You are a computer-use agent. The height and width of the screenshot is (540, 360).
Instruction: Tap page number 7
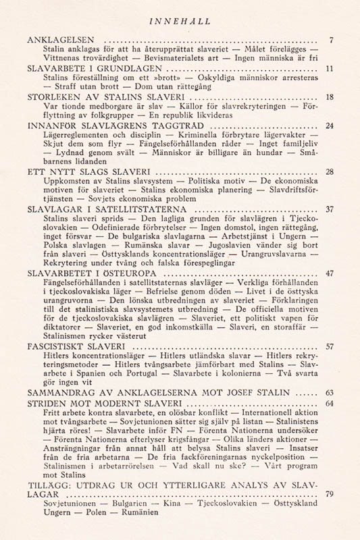click(330, 40)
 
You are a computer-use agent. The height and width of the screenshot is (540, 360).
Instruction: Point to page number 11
click(329, 68)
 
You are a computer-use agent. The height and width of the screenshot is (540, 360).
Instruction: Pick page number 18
click(329, 97)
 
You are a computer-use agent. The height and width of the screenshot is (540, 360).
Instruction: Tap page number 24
click(329, 126)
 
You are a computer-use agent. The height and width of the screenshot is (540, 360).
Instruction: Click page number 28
click(329, 172)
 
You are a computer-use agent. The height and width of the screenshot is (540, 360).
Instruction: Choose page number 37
click(329, 209)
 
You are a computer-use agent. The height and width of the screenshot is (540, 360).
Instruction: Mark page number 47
click(329, 274)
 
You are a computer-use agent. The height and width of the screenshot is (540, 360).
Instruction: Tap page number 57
click(329, 347)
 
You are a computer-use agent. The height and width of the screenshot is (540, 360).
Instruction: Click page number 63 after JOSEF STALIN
click(329, 393)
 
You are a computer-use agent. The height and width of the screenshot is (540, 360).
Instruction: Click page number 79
click(329, 495)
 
